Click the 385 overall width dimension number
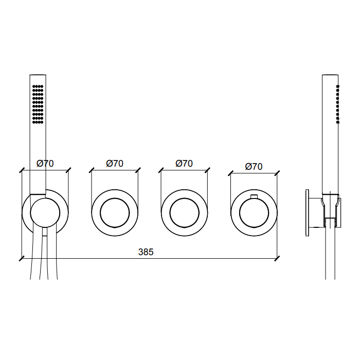(x=146, y=252)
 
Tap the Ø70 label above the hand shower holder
(x=45, y=164)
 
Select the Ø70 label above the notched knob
(x=254, y=166)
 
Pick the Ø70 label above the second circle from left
(x=115, y=164)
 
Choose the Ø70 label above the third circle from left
(x=184, y=164)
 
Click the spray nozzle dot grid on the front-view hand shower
(x=38, y=104)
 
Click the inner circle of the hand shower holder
(x=45, y=212)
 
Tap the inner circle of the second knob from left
(x=115, y=212)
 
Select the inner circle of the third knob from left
(x=184, y=212)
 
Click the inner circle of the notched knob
(x=254, y=212)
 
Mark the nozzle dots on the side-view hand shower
(x=338, y=104)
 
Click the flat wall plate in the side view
(x=307, y=212)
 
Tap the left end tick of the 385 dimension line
(x=22, y=258)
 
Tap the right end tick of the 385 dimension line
(x=277, y=258)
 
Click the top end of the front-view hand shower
(x=38, y=76)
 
